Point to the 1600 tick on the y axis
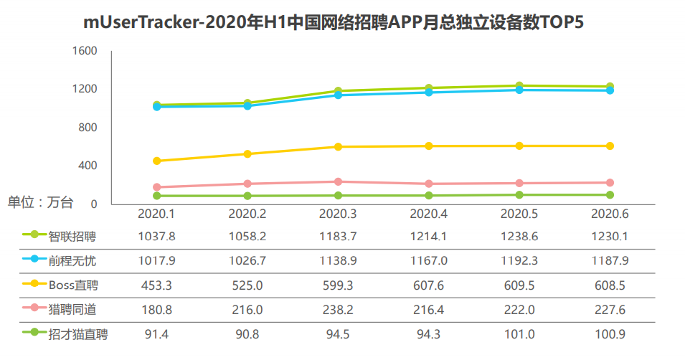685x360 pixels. click(84, 51)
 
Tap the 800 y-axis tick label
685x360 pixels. click(87, 128)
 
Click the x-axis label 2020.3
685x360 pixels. click(338, 214)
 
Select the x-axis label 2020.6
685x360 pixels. click(610, 214)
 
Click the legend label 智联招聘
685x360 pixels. click(72, 235)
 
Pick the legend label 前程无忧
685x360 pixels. click(72, 260)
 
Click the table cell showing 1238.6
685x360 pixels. click(519, 235)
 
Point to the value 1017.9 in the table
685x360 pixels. click(156, 260)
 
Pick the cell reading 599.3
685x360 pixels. click(338, 285)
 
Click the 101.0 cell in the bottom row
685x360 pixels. click(519, 333)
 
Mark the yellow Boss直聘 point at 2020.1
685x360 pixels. click(156, 161)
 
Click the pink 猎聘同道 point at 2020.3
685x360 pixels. click(338, 181)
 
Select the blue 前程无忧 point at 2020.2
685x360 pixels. click(247, 105)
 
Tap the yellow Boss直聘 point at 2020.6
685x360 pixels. click(610, 146)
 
